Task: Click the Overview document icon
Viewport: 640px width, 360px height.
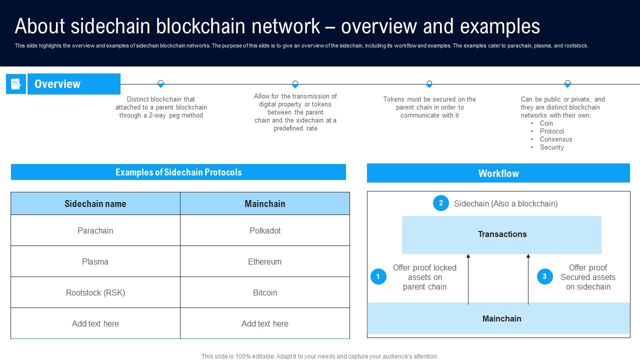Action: click(x=16, y=84)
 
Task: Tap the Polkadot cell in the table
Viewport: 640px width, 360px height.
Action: click(x=264, y=230)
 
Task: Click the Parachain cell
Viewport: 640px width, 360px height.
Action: click(x=95, y=230)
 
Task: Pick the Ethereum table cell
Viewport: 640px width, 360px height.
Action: click(x=264, y=261)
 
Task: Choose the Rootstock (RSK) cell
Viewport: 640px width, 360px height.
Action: click(x=95, y=292)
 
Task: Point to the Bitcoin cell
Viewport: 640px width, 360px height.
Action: click(x=264, y=292)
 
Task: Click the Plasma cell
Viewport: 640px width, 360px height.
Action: click(x=95, y=261)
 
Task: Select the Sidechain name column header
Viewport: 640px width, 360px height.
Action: click(x=95, y=203)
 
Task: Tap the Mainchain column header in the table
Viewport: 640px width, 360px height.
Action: click(x=264, y=203)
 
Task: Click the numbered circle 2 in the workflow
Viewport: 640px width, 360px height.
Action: click(x=440, y=203)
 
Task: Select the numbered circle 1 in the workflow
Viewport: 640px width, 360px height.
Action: click(x=378, y=276)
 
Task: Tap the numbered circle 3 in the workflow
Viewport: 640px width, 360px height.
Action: click(x=544, y=276)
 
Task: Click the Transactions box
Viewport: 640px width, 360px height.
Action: click(x=501, y=234)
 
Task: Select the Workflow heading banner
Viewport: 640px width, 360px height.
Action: click(x=498, y=173)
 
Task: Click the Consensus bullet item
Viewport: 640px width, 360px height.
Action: click(x=555, y=139)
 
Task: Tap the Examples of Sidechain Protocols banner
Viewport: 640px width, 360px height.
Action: click(x=178, y=172)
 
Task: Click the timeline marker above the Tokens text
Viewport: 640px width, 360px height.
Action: click(x=429, y=84)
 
